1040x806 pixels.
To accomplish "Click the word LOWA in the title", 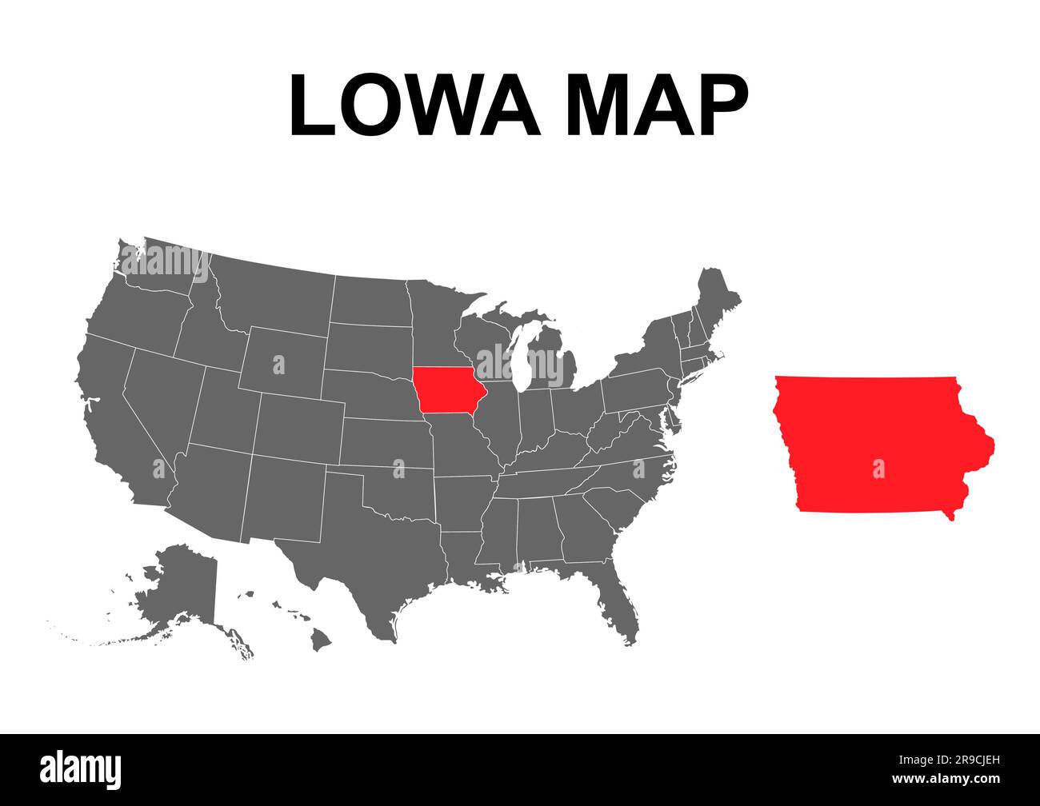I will (x=414, y=105).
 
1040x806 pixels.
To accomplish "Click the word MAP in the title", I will (x=657, y=105).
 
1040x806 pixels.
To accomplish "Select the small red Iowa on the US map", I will (x=450, y=389).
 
